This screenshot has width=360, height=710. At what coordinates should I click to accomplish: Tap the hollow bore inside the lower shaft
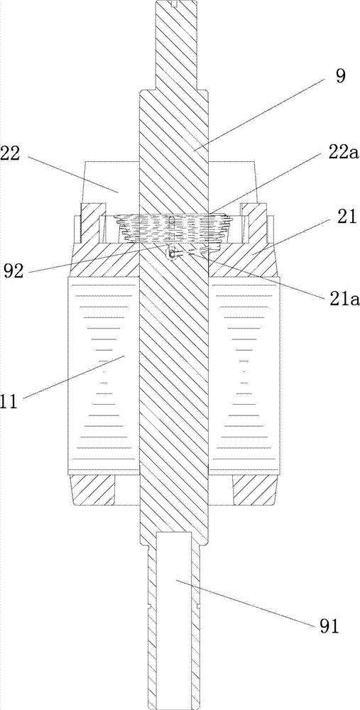click(x=173, y=592)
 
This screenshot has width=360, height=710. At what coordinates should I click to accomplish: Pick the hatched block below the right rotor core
click(x=254, y=490)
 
